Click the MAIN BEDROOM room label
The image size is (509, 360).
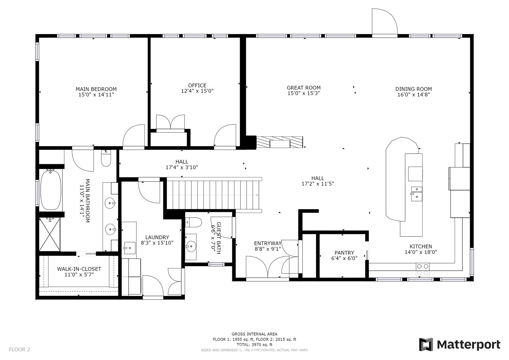96,89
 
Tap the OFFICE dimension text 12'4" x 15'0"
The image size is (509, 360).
197,91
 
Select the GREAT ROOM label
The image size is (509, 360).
303,88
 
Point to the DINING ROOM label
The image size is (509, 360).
414,89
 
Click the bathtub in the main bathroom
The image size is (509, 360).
51,190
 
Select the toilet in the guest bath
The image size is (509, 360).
193,222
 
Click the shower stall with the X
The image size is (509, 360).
49,234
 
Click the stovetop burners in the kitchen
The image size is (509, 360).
423,269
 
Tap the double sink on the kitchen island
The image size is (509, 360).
416,194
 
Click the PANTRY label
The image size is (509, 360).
344,253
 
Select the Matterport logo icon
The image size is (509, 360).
426,345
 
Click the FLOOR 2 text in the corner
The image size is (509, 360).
19,349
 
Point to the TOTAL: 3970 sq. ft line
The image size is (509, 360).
255,345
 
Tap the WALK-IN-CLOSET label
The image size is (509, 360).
79,269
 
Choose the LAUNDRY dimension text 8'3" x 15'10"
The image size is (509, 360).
157,243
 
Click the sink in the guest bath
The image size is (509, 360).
191,246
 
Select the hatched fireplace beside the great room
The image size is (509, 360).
279,142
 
